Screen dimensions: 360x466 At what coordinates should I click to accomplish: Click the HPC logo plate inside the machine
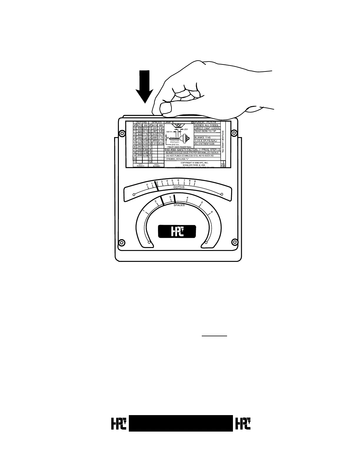point(177,232)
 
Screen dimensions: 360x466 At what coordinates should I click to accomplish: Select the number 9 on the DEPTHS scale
point(195,181)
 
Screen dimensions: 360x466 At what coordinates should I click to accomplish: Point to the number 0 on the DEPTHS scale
point(147,185)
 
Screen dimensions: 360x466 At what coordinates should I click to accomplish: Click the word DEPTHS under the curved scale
point(179,187)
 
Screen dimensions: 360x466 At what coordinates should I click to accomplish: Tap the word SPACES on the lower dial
point(179,205)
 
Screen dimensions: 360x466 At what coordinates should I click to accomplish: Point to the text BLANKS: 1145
point(203,137)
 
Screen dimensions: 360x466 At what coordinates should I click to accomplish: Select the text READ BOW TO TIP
point(205,131)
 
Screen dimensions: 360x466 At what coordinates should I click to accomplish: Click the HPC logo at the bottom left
point(119,423)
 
